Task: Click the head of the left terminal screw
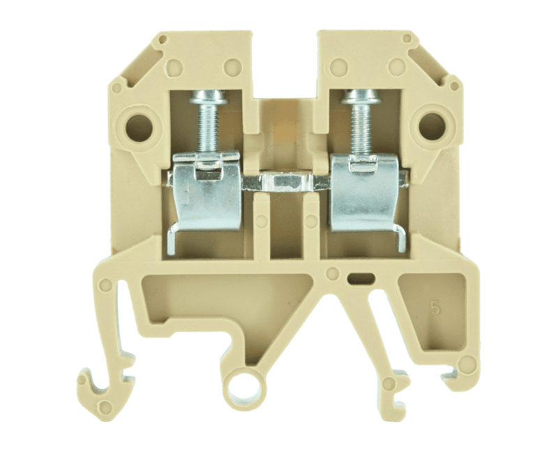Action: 208,96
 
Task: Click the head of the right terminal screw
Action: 361,96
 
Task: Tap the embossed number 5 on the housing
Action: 435,307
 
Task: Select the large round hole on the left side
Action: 139,128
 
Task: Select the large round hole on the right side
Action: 432,127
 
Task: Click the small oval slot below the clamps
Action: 361,278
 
